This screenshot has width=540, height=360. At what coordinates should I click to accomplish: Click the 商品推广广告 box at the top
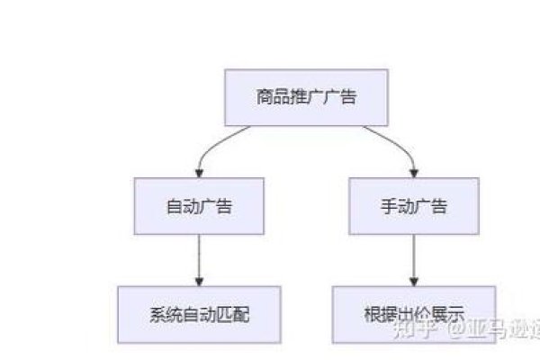click(x=306, y=98)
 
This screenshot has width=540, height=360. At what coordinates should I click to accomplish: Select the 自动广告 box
click(x=198, y=206)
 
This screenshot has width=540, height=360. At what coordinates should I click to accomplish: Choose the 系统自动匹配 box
click(x=198, y=314)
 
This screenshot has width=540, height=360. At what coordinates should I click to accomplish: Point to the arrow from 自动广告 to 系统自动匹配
click(x=198, y=256)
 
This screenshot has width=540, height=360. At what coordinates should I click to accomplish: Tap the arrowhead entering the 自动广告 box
click(x=198, y=174)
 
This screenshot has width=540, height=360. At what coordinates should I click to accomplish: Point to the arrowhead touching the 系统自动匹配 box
click(x=198, y=282)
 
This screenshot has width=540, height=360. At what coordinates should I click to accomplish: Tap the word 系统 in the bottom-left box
click(x=163, y=315)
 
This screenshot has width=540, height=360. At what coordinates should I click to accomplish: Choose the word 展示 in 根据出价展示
click(x=450, y=315)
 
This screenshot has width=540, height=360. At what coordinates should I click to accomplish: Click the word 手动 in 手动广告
click(x=396, y=206)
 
